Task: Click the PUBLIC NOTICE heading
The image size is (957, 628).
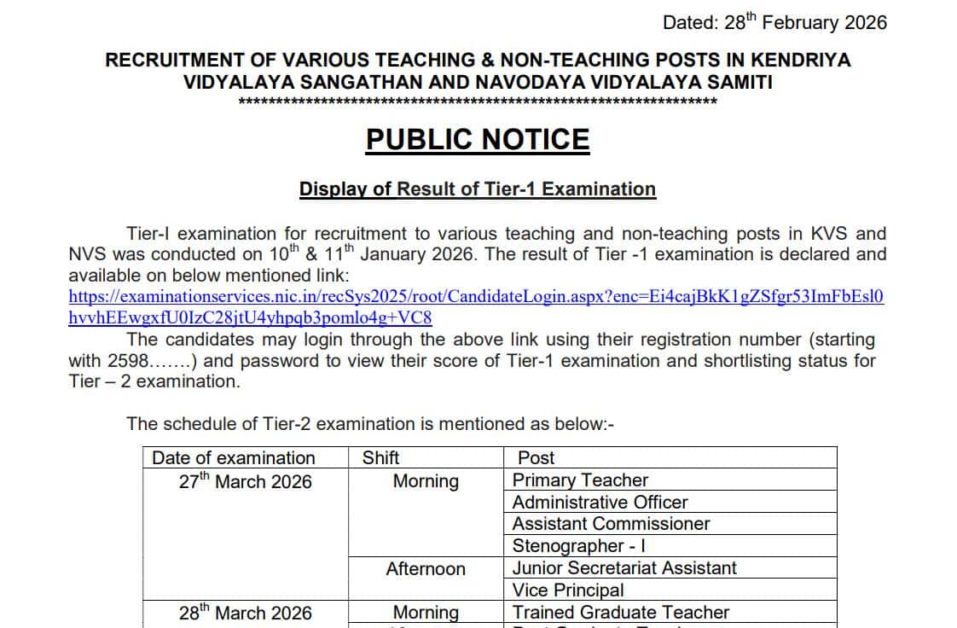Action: (x=478, y=140)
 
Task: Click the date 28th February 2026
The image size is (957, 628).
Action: (x=806, y=23)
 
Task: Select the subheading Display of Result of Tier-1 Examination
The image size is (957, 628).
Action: (x=478, y=189)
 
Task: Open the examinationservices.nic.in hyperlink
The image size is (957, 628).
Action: (x=476, y=297)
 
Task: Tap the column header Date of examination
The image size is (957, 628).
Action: (x=234, y=458)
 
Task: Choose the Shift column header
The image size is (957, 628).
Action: (x=380, y=458)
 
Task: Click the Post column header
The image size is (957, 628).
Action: (x=536, y=458)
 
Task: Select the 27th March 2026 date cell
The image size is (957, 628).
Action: (x=246, y=482)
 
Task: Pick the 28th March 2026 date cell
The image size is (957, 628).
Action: (x=246, y=613)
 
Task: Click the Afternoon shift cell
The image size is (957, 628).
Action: (x=426, y=569)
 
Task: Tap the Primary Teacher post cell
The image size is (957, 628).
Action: (x=580, y=480)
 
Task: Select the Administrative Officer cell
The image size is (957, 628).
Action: (x=600, y=503)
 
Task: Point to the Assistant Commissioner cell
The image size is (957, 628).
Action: (x=611, y=524)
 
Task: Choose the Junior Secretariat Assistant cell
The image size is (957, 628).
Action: (x=624, y=568)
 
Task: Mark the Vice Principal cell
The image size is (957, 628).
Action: (x=568, y=590)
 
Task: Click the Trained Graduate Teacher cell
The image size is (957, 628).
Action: (x=621, y=613)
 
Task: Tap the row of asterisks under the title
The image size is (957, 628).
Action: (x=478, y=102)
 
